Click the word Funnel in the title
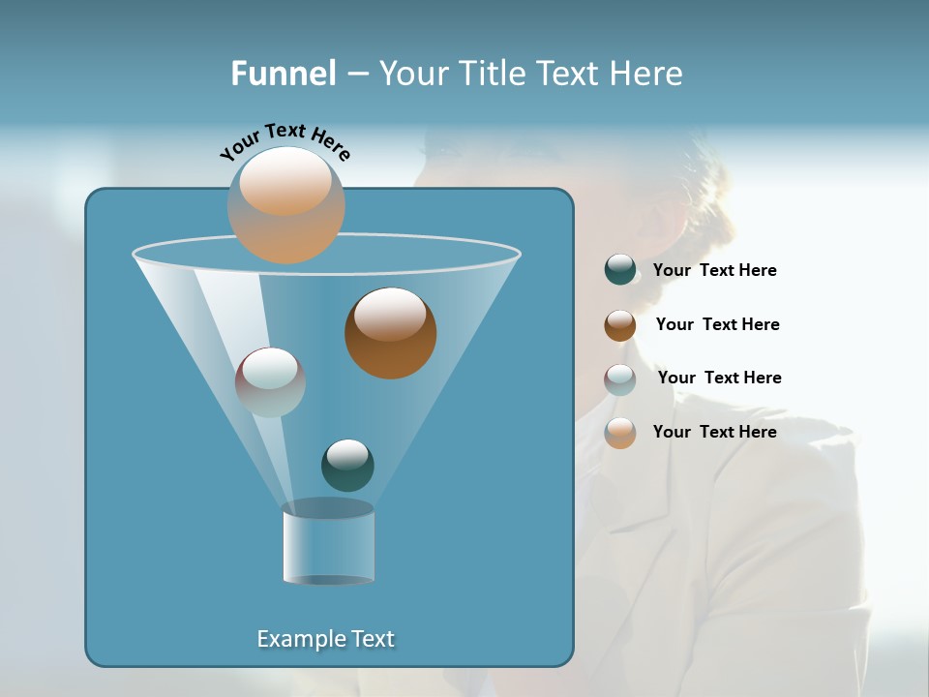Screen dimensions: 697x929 (284, 74)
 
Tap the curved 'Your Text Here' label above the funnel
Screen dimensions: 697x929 (285, 141)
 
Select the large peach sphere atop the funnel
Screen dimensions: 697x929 (286, 204)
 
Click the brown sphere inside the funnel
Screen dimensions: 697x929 (390, 333)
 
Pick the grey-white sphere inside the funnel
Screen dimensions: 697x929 (270, 381)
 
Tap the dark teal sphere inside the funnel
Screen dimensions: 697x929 (347, 465)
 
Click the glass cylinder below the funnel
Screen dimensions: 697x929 (328, 543)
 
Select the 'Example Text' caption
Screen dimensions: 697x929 (326, 639)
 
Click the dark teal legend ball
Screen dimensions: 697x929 (620, 270)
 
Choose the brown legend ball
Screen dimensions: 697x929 (620, 325)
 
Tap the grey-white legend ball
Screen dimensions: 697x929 (620, 379)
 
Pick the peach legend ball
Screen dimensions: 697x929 (620, 433)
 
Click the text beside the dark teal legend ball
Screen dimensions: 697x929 (714, 271)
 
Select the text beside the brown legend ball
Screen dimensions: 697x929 (717, 325)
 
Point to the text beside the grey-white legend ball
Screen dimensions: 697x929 (719, 379)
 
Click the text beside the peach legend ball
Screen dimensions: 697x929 (714, 433)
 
